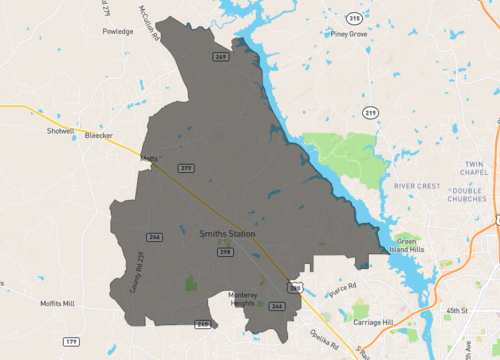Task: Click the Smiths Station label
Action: click(x=227, y=234)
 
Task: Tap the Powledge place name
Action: click(x=117, y=31)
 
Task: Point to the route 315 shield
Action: click(x=354, y=18)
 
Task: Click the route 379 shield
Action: click(x=185, y=167)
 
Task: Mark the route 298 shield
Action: click(x=227, y=252)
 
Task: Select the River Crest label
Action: click(x=418, y=186)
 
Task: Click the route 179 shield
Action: click(x=71, y=342)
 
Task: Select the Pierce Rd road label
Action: click(x=343, y=293)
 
